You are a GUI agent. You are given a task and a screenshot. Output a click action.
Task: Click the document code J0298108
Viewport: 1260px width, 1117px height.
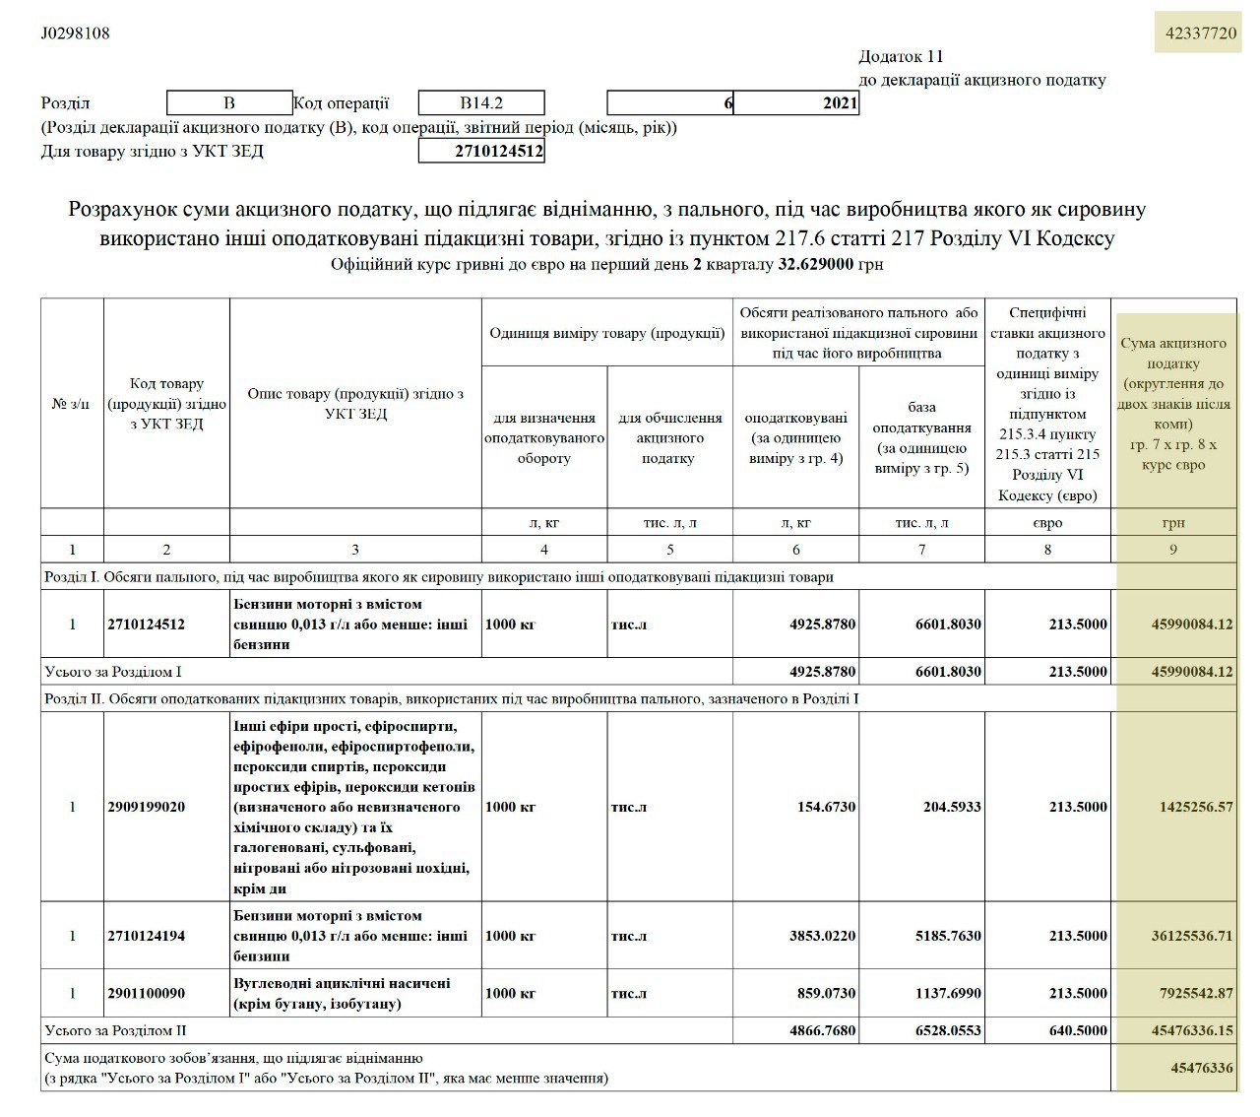pyautogui.click(x=75, y=33)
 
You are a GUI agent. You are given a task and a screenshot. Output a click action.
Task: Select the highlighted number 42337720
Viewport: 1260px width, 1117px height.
pyautogui.click(x=1200, y=33)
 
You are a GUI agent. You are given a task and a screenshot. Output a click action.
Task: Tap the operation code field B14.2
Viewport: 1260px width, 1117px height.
pyautogui.click(x=481, y=103)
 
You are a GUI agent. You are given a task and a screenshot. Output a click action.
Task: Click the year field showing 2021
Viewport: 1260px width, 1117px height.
pyautogui.click(x=796, y=103)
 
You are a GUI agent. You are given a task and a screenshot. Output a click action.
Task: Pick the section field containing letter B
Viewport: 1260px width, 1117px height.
pyautogui.click(x=229, y=103)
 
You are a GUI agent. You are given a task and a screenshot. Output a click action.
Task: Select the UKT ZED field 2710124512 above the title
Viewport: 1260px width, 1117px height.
pyautogui.click(x=481, y=152)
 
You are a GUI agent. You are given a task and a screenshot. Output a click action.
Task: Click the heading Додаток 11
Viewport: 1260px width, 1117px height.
pyautogui.click(x=901, y=57)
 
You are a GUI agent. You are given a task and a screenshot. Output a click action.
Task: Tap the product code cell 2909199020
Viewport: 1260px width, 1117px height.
pyautogui.click(x=147, y=807)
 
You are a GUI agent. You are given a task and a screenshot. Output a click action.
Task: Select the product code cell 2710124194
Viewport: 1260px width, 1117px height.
pyautogui.click(x=147, y=936)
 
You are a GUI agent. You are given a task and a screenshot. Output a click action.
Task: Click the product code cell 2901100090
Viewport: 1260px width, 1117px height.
pyautogui.click(x=147, y=993)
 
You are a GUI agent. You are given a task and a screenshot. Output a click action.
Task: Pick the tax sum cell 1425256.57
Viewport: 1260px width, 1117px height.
pyautogui.click(x=1196, y=807)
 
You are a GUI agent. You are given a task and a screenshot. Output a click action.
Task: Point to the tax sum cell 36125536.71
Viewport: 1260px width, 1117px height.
pyautogui.click(x=1191, y=936)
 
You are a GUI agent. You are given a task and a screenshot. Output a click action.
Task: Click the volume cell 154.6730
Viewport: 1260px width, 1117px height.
pyautogui.click(x=827, y=807)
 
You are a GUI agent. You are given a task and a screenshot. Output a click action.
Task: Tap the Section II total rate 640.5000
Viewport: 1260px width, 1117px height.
pyautogui.click(x=1078, y=1031)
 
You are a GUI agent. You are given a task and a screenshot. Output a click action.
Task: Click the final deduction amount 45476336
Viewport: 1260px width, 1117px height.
pyautogui.click(x=1202, y=1067)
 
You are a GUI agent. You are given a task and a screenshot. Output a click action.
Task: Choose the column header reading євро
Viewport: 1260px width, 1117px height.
pyautogui.click(x=1047, y=523)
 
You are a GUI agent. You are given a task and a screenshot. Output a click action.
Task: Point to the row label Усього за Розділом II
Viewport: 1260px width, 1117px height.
pyautogui.click(x=116, y=1031)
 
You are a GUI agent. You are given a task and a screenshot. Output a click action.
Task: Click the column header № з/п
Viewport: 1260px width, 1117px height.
pyautogui.click(x=72, y=404)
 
